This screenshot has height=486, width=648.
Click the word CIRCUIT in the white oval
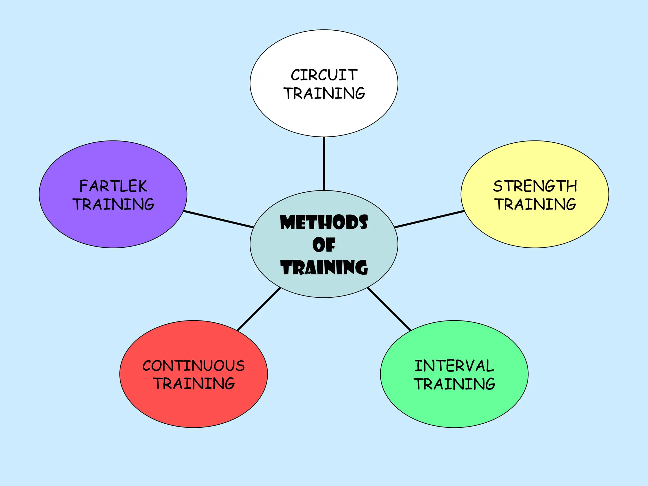click(x=324, y=75)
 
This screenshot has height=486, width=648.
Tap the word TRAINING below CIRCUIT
click(x=324, y=93)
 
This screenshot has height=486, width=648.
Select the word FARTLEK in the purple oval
click(x=113, y=186)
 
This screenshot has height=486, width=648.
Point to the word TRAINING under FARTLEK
click(x=113, y=204)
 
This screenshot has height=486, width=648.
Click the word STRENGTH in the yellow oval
click(x=535, y=186)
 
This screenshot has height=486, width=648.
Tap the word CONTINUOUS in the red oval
click(x=193, y=366)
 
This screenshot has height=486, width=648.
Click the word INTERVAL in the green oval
click(x=454, y=366)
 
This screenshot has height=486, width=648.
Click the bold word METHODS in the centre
click(x=324, y=222)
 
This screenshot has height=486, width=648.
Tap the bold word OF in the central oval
click(x=324, y=245)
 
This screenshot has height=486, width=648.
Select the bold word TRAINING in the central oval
click(x=324, y=267)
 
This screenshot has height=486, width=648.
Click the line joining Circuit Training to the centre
click(x=324, y=164)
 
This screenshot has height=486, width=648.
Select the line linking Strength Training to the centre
click(x=429, y=219)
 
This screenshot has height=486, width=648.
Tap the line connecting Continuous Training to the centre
click(x=259, y=309)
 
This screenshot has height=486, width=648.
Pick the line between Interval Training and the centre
click(x=389, y=309)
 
